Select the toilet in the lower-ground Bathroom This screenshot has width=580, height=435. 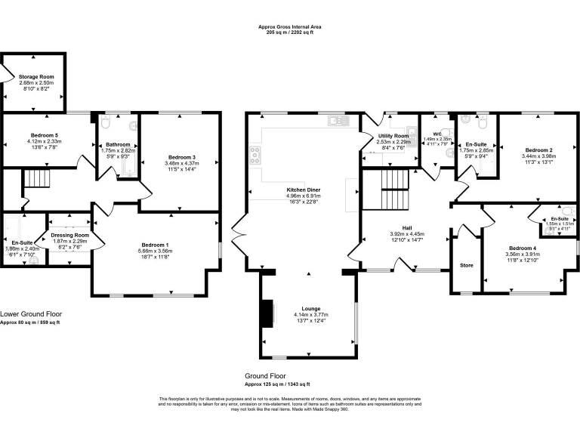(108, 123)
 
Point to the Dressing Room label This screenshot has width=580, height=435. (69, 234)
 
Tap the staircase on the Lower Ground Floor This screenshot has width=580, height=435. (36, 179)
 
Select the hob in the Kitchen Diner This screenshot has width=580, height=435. (255, 156)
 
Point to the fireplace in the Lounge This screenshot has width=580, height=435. (267, 313)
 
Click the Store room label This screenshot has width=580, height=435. (466, 266)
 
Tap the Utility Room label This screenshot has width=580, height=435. (393, 135)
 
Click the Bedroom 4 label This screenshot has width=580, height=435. (522, 248)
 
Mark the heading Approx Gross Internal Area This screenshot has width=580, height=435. (289, 26)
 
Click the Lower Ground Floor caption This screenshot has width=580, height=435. (31, 313)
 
